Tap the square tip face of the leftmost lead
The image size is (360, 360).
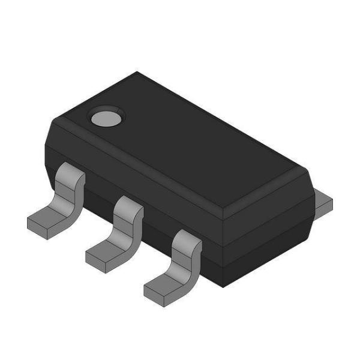(37, 229)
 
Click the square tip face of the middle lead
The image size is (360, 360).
(95, 263)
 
